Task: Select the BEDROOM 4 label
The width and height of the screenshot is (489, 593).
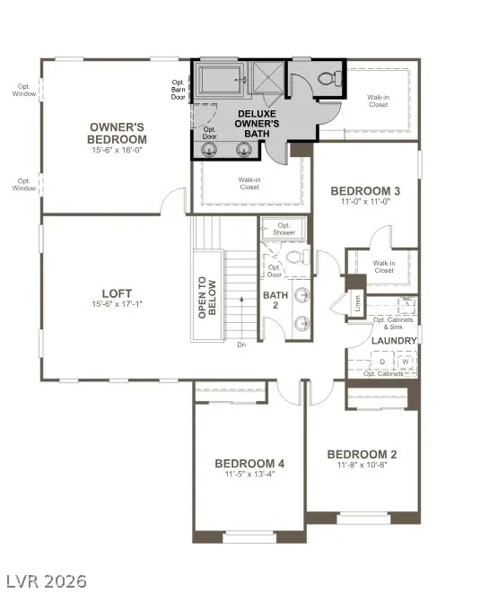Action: (249, 463)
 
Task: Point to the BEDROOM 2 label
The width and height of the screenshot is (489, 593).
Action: (362, 454)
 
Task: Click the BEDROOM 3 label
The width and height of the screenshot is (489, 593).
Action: (365, 190)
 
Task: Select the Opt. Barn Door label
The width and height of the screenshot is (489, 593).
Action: (179, 89)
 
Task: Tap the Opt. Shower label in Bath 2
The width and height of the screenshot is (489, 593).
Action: (284, 229)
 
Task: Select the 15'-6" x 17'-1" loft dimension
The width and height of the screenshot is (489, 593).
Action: (117, 305)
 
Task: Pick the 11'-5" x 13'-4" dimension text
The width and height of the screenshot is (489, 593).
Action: (249, 475)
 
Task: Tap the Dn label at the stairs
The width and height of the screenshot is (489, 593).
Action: (241, 344)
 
